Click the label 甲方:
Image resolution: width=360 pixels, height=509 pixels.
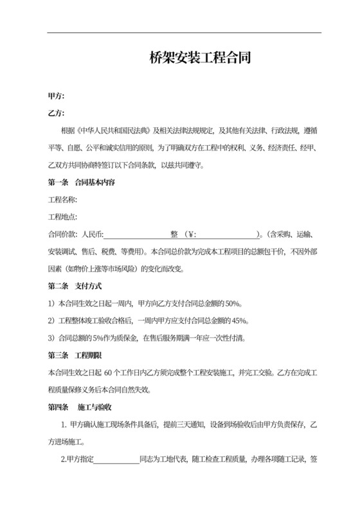(56, 96)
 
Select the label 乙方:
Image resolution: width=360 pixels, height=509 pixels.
(56, 113)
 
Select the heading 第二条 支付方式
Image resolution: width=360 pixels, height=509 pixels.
(75, 285)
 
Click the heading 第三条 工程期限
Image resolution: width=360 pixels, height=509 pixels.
(75, 355)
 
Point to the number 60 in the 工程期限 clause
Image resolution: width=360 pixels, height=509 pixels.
(108, 372)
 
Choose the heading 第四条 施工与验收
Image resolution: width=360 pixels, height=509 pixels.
(81, 407)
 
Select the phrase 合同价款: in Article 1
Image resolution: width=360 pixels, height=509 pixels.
(63, 234)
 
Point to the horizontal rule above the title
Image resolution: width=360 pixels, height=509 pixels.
(184, 33)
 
